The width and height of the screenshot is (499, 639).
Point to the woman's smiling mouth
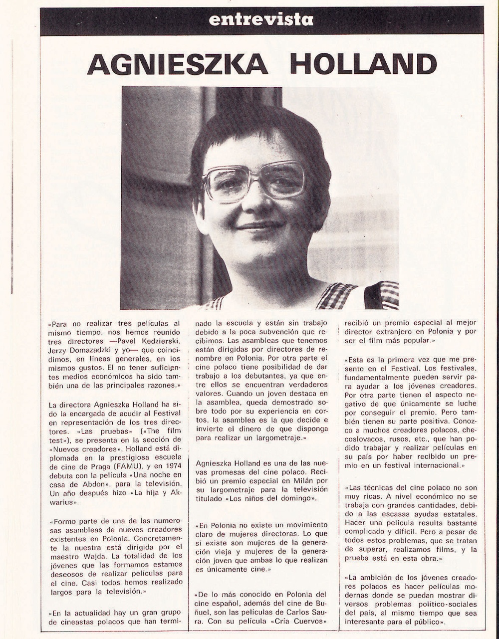[x=259, y=226]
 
